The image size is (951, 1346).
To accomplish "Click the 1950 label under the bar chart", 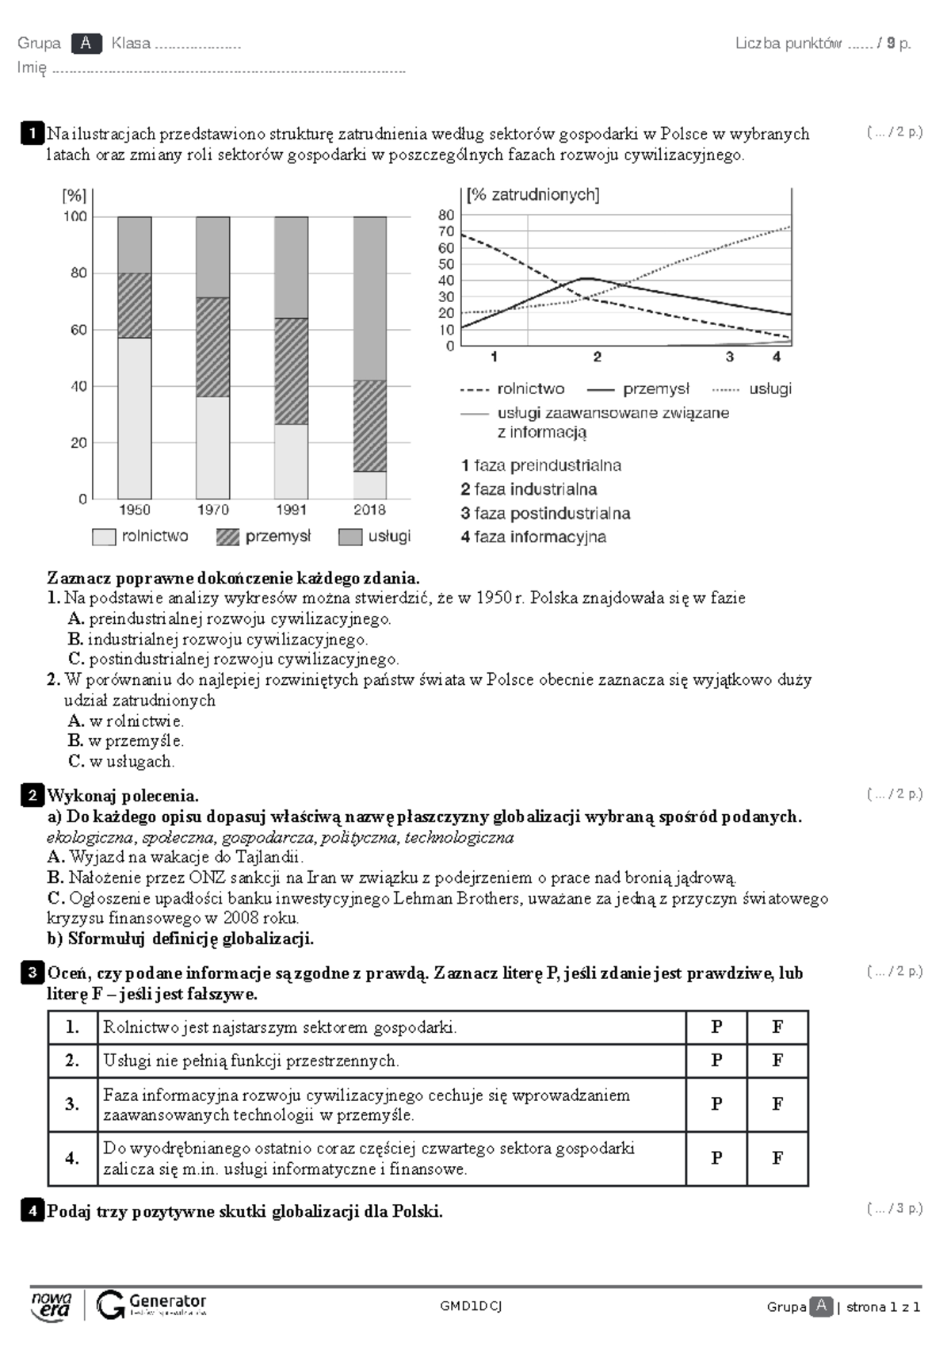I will coord(134,510).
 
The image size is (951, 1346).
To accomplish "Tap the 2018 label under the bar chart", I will coord(369,510).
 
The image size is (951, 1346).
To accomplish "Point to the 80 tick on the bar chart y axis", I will coord(78,273).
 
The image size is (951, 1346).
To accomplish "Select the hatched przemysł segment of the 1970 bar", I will coord(212,346).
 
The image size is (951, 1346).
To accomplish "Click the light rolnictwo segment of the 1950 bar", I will coord(134,418).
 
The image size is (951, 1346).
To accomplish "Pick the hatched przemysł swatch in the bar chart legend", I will coord(227,537).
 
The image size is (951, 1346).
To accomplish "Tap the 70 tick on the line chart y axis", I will coord(446,231).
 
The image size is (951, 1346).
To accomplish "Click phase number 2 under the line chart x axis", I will coord(597,358).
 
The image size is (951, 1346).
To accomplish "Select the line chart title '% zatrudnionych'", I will coord(533,195).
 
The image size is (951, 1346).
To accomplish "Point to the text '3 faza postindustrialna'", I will coord(545,513).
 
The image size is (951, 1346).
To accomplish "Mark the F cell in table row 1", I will coord(777,1027).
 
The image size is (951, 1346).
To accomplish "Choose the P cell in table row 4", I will coord(716,1158).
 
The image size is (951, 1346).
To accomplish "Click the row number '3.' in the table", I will coord(72,1103).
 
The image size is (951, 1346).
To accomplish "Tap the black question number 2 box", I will coord(32,795).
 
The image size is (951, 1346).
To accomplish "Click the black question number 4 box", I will coord(32,1210).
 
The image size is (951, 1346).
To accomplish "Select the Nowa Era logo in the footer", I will coord(52,1305).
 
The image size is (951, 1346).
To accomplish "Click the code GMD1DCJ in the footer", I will coord(471,1306).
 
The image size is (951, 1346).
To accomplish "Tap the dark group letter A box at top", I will coord(86,44).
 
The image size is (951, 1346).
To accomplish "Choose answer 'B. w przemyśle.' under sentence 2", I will coord(126,740).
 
